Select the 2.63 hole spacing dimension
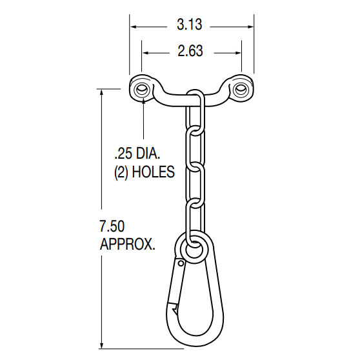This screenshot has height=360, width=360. pos(192,51)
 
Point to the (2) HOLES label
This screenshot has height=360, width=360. pos(144,173)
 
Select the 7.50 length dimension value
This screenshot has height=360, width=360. pos(114,226)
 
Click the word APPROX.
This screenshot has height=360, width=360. pos(127,245)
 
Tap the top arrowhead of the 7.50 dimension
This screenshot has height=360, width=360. pos(102,91)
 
